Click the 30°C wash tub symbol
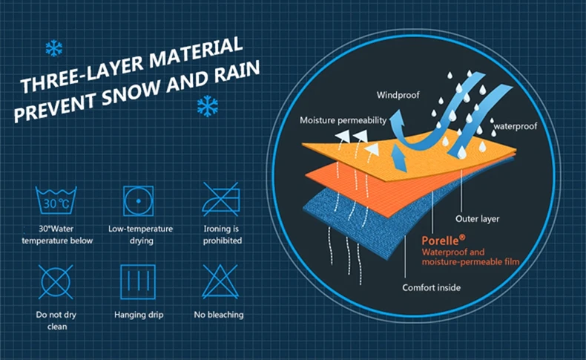pos(56,200)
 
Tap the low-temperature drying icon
pos(138,200)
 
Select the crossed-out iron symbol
pos(221,199)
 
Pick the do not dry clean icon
pos(56,282)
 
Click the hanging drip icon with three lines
pos(138,282)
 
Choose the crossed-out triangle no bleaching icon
pos(220,282)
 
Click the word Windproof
pos(398,95)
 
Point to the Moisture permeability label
pos(343,120)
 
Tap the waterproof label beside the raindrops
pos(516,126)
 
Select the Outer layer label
pos(477,219)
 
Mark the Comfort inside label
pos(431,287)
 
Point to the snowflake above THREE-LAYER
pos(54,48)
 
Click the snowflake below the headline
pos(208,106)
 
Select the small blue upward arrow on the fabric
pos(400,159)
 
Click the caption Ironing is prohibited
pos(223,235)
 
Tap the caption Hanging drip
pos(139,315)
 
